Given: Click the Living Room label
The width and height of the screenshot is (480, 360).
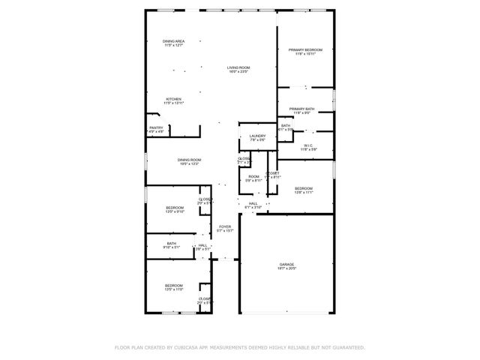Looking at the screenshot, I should coord(238,67).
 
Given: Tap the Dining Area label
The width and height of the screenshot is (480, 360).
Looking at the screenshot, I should coord(174,41).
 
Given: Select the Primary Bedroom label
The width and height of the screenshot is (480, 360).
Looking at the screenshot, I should coord(304,50).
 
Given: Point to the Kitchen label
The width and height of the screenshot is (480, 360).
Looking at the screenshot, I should coord(174,99).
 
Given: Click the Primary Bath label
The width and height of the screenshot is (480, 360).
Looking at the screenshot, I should coord(302,109).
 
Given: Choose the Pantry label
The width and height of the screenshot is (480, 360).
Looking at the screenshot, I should coord(156,127).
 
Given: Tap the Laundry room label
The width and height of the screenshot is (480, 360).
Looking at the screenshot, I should coord(257,136).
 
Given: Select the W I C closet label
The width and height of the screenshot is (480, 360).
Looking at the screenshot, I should coord(308,145).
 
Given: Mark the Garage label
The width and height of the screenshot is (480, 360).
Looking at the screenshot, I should coord(286,264).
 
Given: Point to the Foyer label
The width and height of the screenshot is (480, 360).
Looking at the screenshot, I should coord(225,226).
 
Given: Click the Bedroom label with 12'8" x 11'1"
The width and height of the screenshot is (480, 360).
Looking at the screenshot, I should coord(303,188).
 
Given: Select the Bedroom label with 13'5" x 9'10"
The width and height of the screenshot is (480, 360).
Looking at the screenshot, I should coord(174,208).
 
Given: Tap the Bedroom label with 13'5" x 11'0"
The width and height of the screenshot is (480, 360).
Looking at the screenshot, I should coord(174,285).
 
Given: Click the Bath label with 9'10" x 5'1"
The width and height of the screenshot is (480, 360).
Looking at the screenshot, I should coord(172,243).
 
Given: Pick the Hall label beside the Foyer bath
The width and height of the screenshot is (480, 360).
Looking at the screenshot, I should coord(203,245).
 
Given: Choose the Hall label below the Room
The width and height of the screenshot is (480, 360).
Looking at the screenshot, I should coord(253,202).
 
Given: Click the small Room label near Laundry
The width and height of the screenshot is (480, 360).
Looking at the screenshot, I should coord(253,176).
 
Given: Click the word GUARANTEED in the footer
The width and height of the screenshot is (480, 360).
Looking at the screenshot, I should coord(344,347).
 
